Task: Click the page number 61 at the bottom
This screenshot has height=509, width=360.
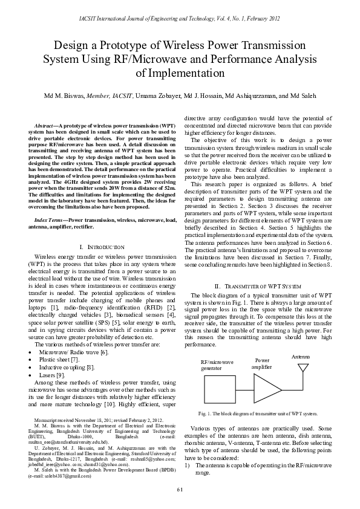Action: pos(180,488)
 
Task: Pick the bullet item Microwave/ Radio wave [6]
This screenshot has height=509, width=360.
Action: pos(73,351)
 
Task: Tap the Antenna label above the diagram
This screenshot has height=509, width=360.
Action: pos(301,357)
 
